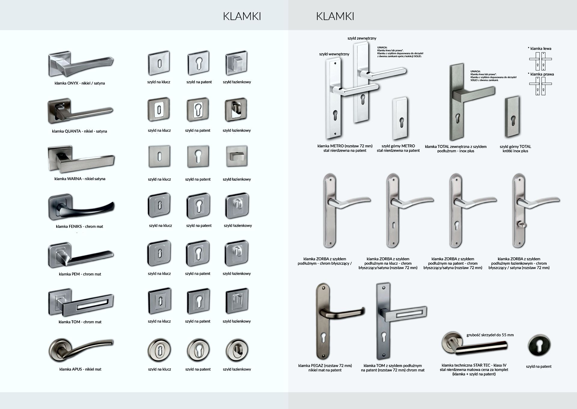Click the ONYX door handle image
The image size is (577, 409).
[x=81, y=65]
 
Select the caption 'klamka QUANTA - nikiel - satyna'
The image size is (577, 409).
[x=79, y=131]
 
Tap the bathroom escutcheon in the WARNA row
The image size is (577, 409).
[x=237, y=156]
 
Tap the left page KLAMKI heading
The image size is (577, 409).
[x=242, y=16]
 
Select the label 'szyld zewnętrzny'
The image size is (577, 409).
[x=362, y=38]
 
